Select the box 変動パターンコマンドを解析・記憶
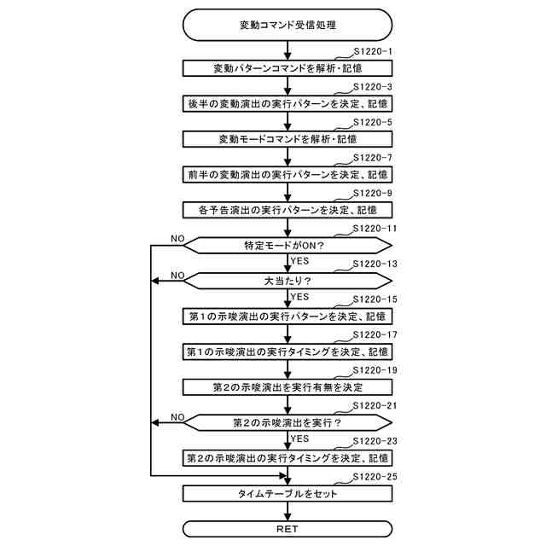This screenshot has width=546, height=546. (x=287, y=67)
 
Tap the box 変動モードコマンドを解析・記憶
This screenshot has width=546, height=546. (x=287, y=138)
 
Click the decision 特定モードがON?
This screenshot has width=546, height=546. (x=287, y=245)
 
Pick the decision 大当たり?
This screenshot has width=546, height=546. (x=287, y=280)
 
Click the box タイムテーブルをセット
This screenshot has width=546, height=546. (x=287, y=493)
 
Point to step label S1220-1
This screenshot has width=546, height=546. (x=372, y=51)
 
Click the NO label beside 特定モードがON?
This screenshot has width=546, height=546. (x=177, y=237)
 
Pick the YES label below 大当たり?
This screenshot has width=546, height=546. (x=299, y=297)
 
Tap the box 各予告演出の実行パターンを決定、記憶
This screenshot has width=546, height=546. (x=287, y=209)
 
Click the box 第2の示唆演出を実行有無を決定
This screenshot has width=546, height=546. (x=287, y=386)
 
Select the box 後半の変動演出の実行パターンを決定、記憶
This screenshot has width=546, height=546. (x=287, y=103)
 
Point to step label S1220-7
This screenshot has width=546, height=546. (x=372, y=158)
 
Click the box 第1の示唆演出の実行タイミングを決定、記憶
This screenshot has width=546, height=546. (x=287, y=351)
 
